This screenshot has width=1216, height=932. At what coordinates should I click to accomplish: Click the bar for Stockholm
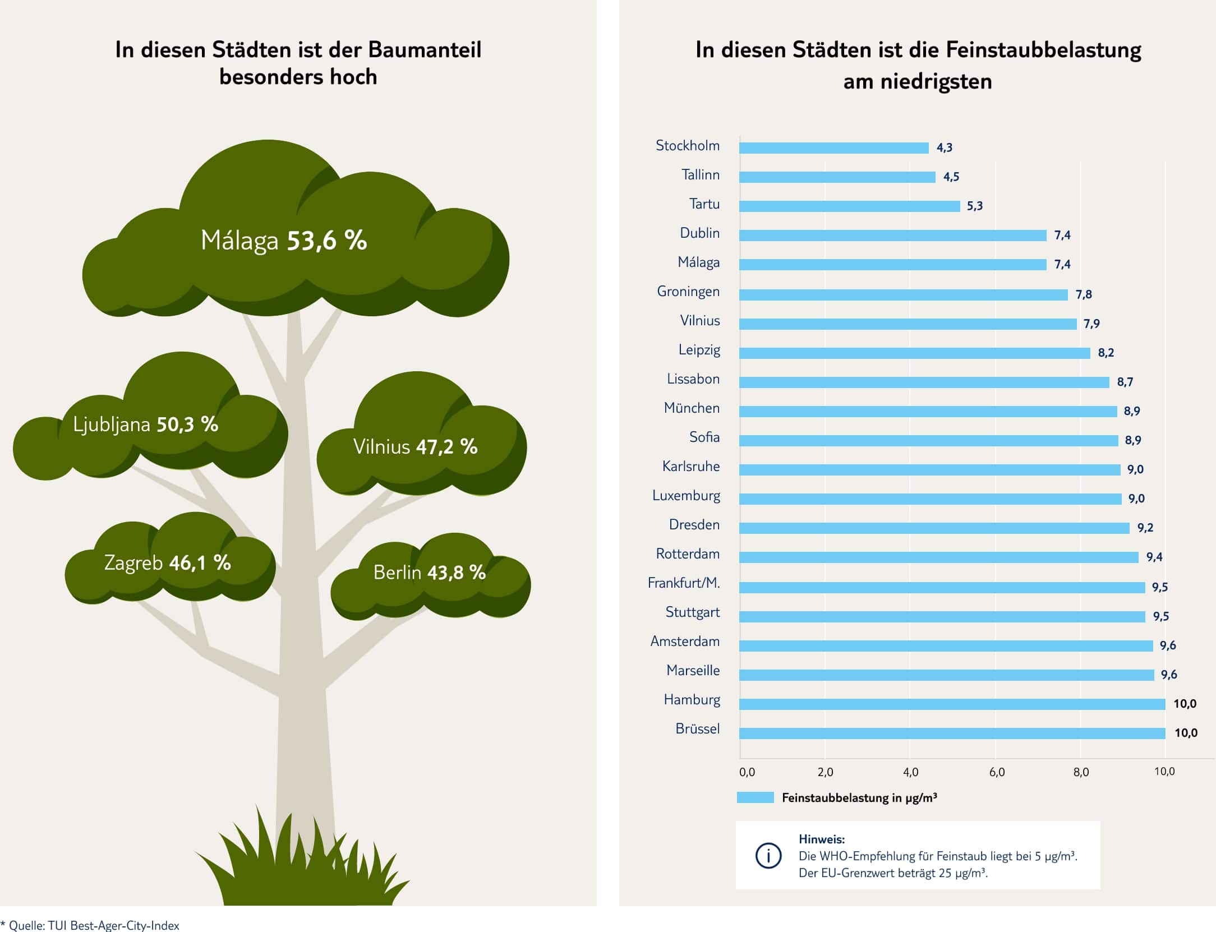click(x=833, y=148)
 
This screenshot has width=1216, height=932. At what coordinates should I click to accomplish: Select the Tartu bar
click(x=849, y=206)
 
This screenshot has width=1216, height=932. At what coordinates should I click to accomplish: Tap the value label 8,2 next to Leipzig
click(x=1106, y=353)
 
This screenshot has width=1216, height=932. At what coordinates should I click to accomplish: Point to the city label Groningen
click(x=688, y=292)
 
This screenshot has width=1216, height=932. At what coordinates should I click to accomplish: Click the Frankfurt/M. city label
click(x=684, y=583)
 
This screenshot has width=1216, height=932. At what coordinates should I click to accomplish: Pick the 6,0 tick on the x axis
click(x=997, y=772)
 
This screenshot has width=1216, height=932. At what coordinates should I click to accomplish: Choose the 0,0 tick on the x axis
click(x=747, y=772)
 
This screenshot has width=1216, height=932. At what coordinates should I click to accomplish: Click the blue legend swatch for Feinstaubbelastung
click(x=755, y=797)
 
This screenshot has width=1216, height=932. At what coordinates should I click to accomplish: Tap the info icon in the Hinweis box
click(x=768, y=856)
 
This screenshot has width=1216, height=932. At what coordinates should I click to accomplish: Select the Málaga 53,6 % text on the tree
click(x=284, y=241)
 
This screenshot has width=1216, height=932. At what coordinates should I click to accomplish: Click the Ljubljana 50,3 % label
click(x=145, y=425)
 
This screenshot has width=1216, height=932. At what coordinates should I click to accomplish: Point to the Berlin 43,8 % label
click(x=429, y=573)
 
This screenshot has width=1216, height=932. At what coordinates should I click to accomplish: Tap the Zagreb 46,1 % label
click(x=167, y=562)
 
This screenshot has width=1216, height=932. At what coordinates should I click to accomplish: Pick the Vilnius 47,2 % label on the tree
click(x=415, y=447)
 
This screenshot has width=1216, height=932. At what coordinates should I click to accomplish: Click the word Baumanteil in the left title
click(x=425, y=50)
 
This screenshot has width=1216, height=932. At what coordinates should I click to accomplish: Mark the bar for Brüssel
click(x=952, y=733)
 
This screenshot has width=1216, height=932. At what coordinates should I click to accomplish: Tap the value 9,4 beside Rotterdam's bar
click(x=1154, y=557)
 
